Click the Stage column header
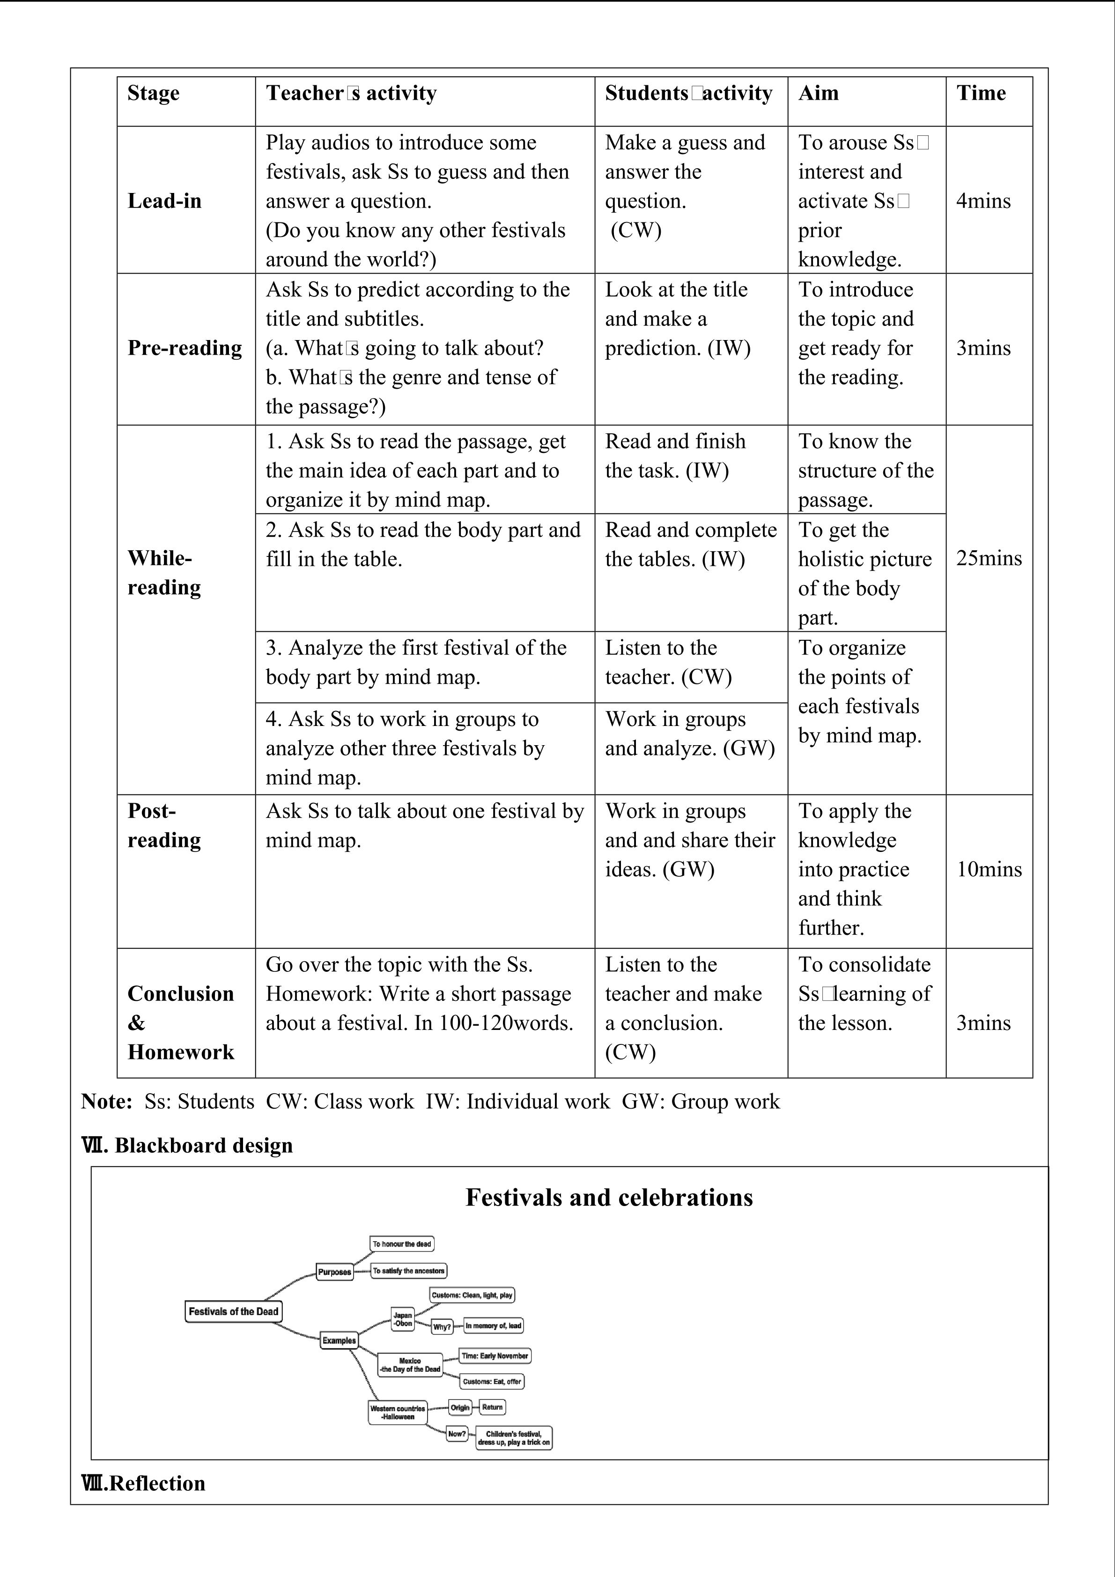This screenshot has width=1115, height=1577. tap(153, 93)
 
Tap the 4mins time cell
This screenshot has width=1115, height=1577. tap(983, 201)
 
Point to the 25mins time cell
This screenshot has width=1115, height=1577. tap(989, 558)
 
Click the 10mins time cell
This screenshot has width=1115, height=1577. tap(989, 870)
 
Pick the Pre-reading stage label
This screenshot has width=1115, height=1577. tap(185, 348)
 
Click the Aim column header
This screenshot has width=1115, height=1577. tap(819, 93)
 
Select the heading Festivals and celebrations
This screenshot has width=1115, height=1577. tap(609, 1198)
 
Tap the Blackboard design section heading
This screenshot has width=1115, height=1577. tap(187, 1146)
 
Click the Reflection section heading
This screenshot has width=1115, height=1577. tap(143, 1484)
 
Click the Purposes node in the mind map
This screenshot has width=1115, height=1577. tap(334, 1272)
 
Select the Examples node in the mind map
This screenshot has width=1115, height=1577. tap(339, 1340)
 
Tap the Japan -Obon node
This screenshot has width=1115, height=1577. tap(403, 1319)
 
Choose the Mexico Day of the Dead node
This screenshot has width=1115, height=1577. tap(410, 1365)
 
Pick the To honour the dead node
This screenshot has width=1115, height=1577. tap(402, 1244)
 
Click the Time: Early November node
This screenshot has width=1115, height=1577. tap(495, 1356)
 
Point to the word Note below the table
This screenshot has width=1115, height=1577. tap(106, 1102)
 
